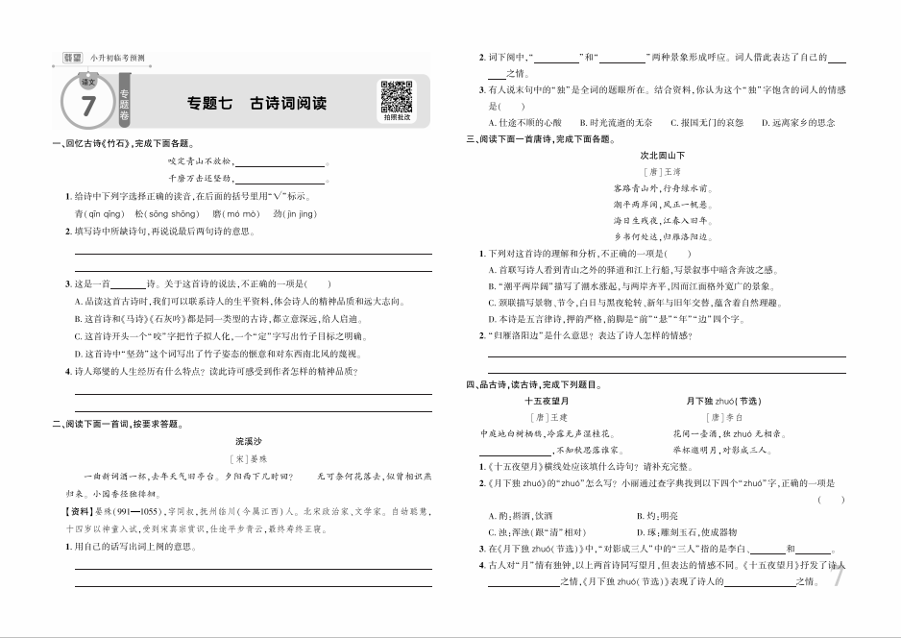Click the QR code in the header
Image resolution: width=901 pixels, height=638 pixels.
[x=395, y=97]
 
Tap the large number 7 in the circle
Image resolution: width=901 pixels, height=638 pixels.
[x=88, y=106]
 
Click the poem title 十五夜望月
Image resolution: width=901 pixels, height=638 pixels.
[x=548, y=399]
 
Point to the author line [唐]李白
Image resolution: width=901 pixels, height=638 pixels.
[x=726, y=417]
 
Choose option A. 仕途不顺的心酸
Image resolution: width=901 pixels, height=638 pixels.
[x=525, y=122]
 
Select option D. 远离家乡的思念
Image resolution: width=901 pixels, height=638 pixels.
[x=797, y=122]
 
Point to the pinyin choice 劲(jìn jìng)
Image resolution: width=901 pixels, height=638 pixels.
[x=294, y=214]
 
